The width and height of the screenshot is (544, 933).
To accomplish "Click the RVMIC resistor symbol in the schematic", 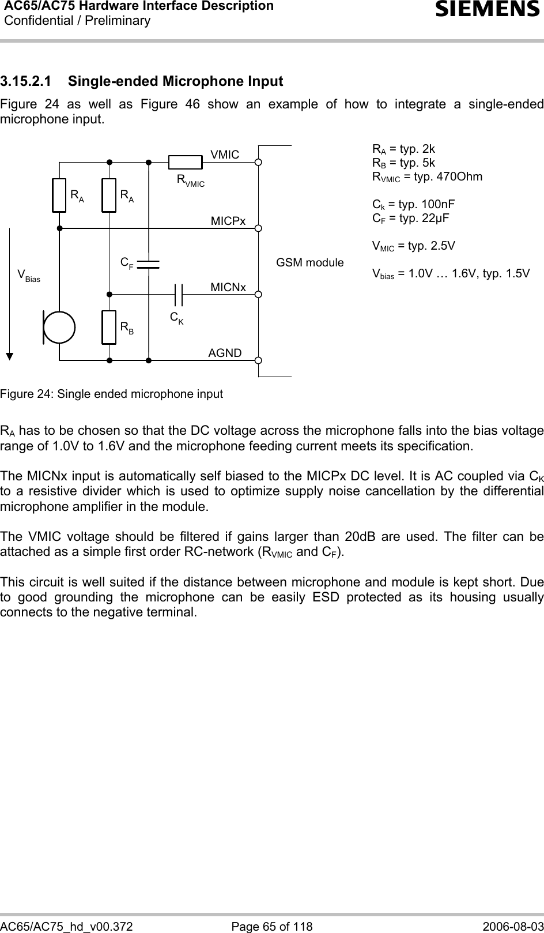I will click(x=186, y=162).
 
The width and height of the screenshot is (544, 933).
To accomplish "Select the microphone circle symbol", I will click(x=59, y=327).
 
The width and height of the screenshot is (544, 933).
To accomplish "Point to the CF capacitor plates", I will click(x=148, y=264).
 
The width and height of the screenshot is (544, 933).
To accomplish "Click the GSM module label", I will click(x=310, y=263).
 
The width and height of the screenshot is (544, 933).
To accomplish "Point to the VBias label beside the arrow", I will click(x=29, y=274).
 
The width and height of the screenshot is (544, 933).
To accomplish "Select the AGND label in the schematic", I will click(x=225, y=352).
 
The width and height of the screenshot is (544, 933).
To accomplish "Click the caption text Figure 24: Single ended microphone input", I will click(x=111, y=394).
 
